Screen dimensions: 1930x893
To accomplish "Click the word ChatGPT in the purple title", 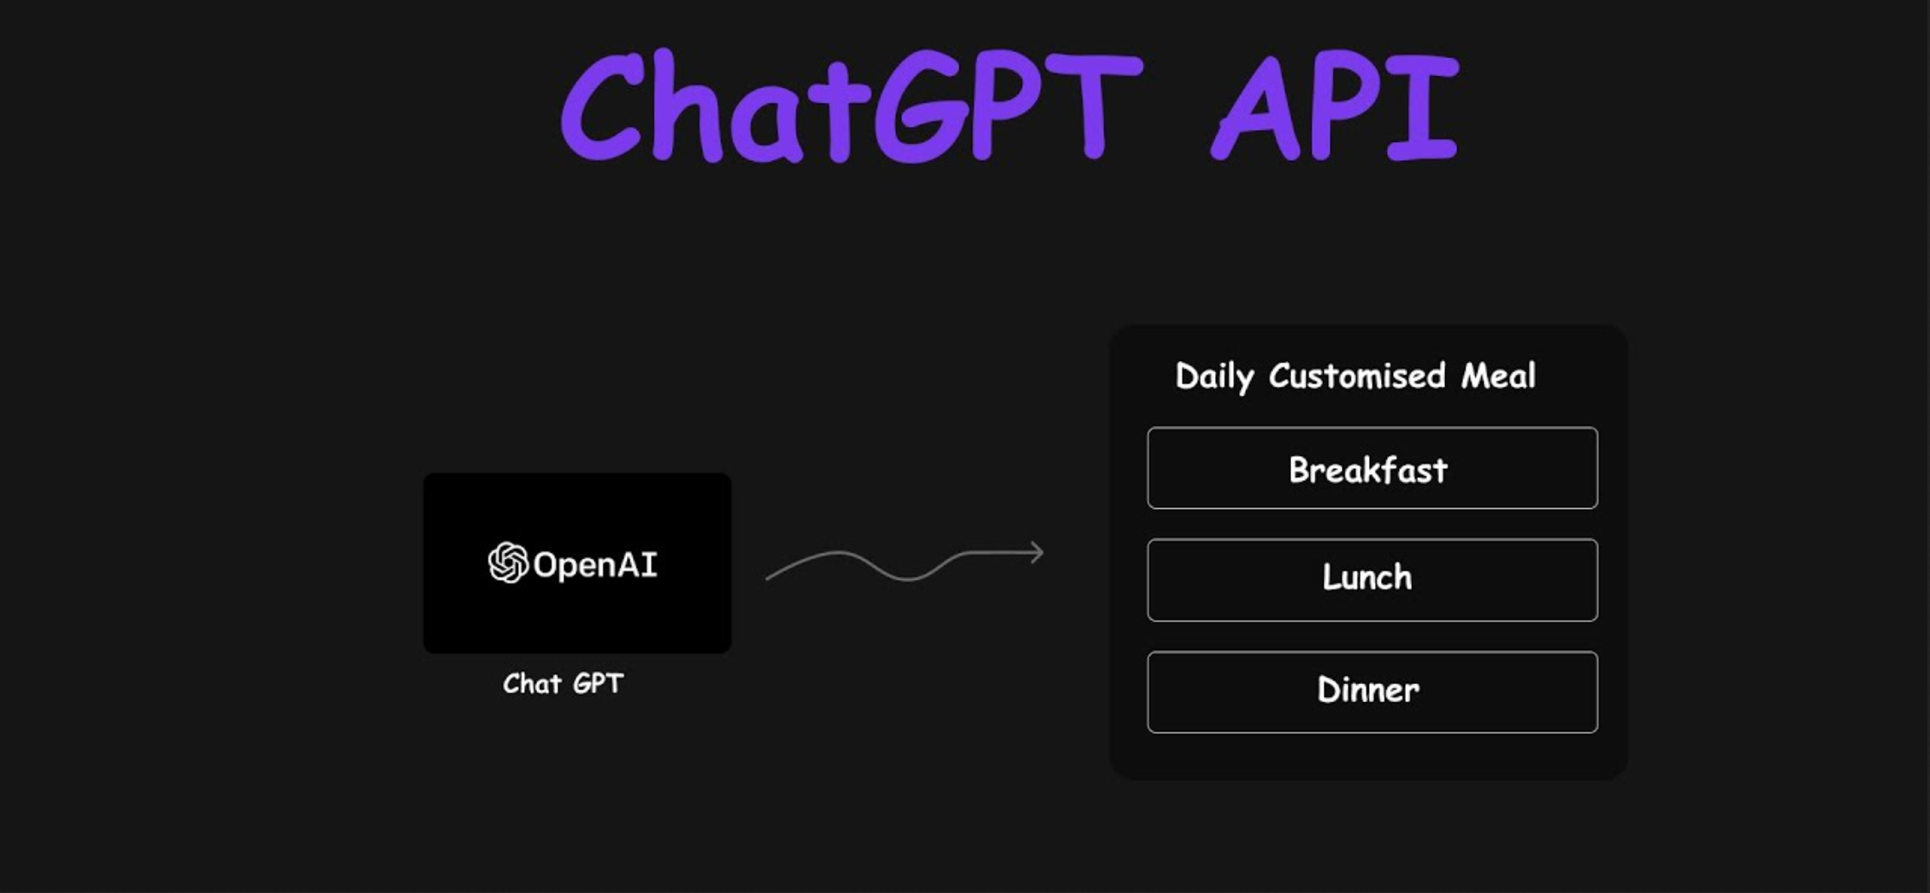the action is coord(852,106).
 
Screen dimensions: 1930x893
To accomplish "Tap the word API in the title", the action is coord(1335,106).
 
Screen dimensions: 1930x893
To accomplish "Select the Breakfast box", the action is coord(1372,468).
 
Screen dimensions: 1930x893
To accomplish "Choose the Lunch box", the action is coord(1372,580).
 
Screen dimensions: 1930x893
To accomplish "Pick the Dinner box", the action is coord(1372,692).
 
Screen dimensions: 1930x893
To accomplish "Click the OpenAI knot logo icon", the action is coord(508,563).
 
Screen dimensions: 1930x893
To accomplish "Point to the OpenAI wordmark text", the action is coord(595,565).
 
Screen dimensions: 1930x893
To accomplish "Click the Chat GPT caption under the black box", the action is coord(564,683).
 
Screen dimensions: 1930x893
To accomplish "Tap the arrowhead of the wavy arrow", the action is coord(1036,553).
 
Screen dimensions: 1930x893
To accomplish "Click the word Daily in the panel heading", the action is coord(1214,376).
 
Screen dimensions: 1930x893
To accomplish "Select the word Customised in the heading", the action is coord(1357,376).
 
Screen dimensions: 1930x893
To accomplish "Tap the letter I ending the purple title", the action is coord(1423,106).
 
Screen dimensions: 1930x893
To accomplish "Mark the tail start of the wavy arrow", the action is coord(767,579).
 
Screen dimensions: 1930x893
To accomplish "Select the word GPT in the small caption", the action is coord(599,683).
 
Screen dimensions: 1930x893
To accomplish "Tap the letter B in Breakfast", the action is coord(1300,470).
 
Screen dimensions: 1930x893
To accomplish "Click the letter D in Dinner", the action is coord(1329,690).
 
